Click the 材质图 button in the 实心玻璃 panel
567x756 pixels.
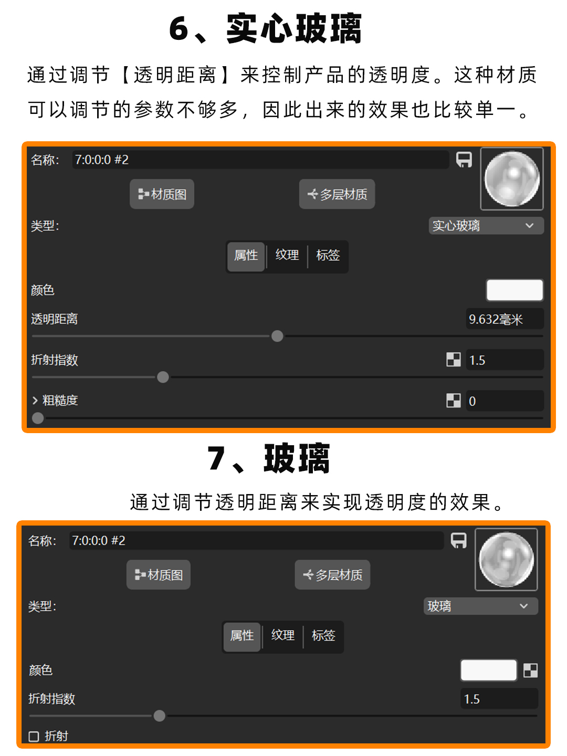(x=162, y=194)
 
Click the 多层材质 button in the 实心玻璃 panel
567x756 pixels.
(x=337, y=194)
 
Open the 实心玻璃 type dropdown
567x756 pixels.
(x=486, y=226)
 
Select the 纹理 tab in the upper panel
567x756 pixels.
(x=287, y=255)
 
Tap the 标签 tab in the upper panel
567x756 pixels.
(x=328, y=255)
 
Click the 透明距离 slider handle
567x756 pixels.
(x=277, y=336)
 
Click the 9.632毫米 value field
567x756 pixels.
(x=504, y=319)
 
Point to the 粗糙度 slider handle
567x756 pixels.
(x=38, y=418)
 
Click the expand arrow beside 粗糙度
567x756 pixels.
(x=35, y=401)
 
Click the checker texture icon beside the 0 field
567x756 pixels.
(x=454, y=401)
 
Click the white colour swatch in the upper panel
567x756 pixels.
(x=514, y=290)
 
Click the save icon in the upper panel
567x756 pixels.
(x=464, y=160)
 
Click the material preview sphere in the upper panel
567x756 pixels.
(x=512, y=179)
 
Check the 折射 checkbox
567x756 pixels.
(x=34, y=736)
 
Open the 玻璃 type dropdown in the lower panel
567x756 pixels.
(x=480, y=606)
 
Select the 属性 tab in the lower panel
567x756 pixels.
(x=242, y=636)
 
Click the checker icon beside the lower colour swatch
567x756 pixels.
(x=531, y=670)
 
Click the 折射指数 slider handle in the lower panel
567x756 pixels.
(x=160, y=716)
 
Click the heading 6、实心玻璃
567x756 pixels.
(x=266, y=28)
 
